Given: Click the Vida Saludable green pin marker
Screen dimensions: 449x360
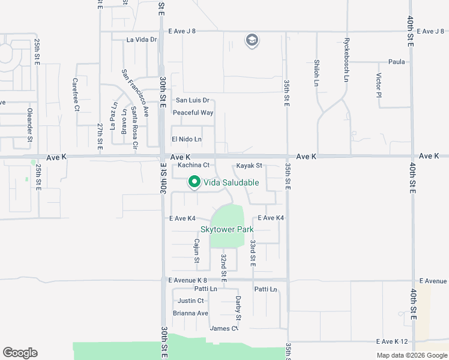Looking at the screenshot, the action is coord(194,181).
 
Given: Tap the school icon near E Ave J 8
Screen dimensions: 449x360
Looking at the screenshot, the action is coord(252,41).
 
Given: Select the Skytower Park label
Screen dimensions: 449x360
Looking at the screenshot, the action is coord(228,229).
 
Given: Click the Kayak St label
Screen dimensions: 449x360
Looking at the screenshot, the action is coord(249,166).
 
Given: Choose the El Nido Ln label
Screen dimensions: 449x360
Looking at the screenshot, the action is coord(187,139).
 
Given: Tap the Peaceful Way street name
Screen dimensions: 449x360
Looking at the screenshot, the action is coord(193,113).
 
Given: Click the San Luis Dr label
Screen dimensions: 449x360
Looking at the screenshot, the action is coord(192,100).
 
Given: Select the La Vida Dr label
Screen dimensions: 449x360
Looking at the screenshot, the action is coord(142,40).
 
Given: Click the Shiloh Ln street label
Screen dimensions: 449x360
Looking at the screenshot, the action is coord(316,73).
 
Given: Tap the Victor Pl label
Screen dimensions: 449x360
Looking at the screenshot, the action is coord(379,86).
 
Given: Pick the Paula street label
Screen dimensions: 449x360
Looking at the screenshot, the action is coord(397,62).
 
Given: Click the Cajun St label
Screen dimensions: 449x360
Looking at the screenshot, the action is coord(196,251).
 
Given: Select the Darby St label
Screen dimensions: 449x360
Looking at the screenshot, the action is coord(238,307).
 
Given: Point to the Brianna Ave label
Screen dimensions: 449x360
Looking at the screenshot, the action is coord(190,313).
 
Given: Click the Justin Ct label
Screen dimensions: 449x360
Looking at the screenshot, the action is coord(191,301).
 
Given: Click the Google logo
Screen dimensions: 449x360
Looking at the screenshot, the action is coord(20,353).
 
